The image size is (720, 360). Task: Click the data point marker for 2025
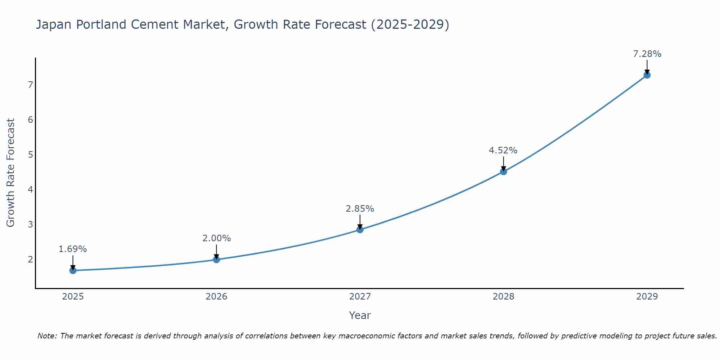[x=73, y=270]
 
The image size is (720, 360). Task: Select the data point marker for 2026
[x=216, y=260]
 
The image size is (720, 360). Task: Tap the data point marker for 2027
[x=360, y=230]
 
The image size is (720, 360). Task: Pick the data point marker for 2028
[x=503, y=172]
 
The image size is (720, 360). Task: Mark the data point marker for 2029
[x=647, y=75]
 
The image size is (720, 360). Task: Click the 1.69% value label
[x=73, y=249]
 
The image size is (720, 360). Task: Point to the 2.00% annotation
[x=216, y=238]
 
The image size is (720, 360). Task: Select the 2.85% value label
[x=360, y=209]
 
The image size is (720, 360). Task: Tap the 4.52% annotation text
[x=503, y=150]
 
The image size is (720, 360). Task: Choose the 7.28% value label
[x=647, y=54]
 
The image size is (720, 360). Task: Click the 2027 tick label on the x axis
[x=360, y=297]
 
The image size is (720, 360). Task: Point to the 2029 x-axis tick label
[x=647, y=297]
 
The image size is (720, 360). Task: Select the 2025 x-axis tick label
[x=73, y=297]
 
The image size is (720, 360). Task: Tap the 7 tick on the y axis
[x=30, y=85]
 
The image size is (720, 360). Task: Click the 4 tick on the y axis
[x=30, y=189]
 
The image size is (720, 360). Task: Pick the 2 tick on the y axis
[x=30, y=259]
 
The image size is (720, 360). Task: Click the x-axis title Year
[x=360, y=315]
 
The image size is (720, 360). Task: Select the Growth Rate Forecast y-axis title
[x=11, y=173]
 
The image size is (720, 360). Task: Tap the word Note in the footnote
[x=47, y=336]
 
